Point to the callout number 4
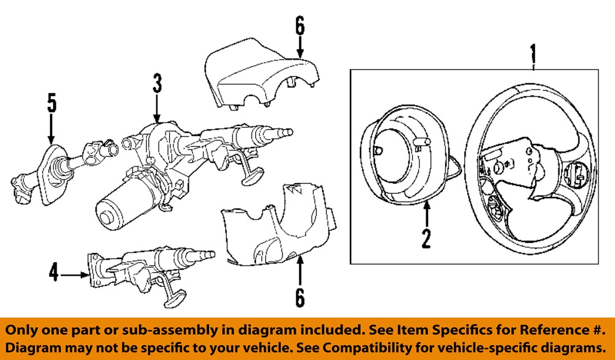55,273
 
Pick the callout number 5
51,103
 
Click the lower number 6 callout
300,297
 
